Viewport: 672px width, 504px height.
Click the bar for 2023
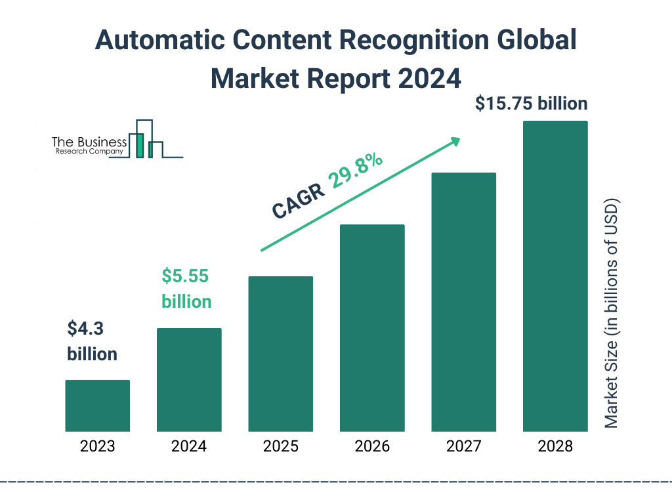coord(97,406)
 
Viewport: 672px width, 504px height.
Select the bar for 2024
coord(189,379)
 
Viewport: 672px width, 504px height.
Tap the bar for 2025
coord(280,354)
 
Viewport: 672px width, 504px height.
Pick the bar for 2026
coord(372,328)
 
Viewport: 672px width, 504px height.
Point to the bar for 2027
coord(463,302)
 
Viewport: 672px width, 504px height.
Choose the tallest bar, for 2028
coord(555,276)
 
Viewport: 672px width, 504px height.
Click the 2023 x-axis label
coord(97,447)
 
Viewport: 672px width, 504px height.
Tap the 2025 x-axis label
coord(280,447)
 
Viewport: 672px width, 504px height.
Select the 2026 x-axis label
coord(372,447)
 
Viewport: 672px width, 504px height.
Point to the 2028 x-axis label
coord(555,447)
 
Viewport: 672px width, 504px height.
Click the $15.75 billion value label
coord(531,104)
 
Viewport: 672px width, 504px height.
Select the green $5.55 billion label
coord(186,289)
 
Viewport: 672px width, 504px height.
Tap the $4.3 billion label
coord(92,341)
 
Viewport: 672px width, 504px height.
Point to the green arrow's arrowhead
coord(453,141)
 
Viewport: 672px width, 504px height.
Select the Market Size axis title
coord(612,312)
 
